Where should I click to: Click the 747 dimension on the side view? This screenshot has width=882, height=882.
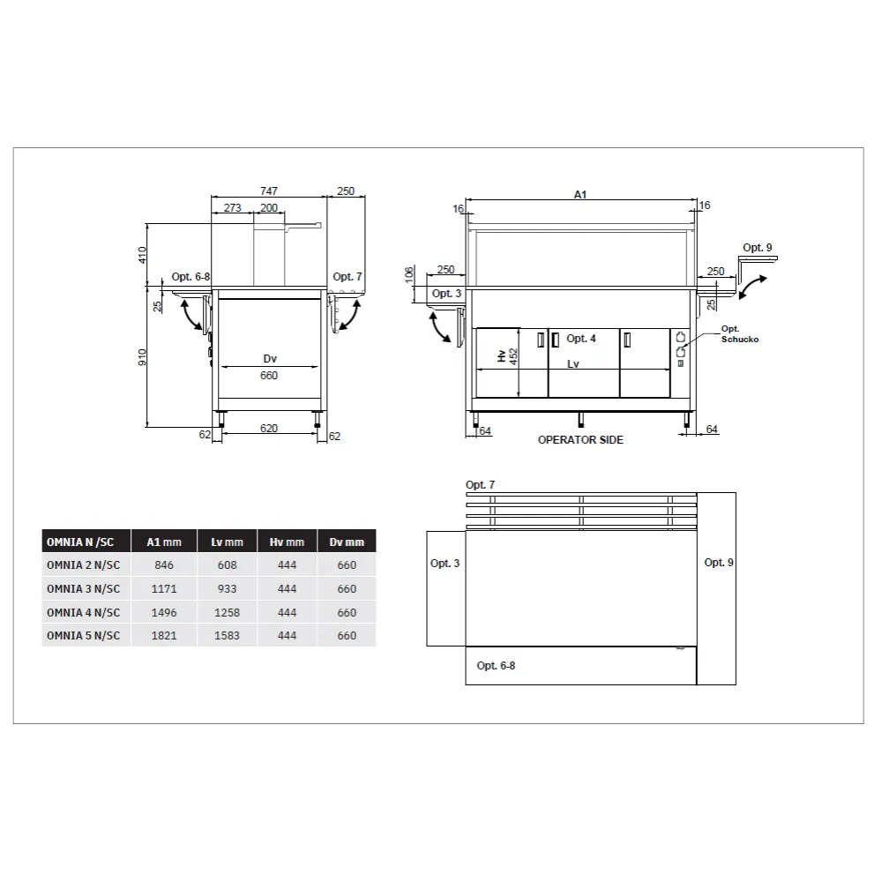(x=269, y=191)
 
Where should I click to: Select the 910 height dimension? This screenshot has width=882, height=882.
(x=146, y=356)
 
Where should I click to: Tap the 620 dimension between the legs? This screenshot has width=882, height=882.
(x=269, y=429)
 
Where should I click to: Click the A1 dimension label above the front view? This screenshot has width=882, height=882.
(x=580, y=194)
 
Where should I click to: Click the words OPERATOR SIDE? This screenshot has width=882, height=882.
(x=580, y=439)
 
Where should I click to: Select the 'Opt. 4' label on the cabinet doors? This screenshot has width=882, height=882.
(x=581, y=339)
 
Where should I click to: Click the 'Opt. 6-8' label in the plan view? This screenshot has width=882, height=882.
(x=496, y=666)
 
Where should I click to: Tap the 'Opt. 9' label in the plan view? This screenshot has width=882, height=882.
(x=719, y=563)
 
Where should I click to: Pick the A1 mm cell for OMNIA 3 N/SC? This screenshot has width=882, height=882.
(x=164, y=588)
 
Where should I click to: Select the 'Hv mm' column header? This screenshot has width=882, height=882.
(x=287, y=542)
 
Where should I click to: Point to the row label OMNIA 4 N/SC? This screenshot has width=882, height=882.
(x=83, y=612)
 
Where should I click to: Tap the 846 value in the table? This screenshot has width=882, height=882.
(x=164, y=564)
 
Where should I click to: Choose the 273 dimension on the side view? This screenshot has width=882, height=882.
(x=232, y=208)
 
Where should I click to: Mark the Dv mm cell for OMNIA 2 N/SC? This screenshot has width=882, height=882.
(x=347, y=564)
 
